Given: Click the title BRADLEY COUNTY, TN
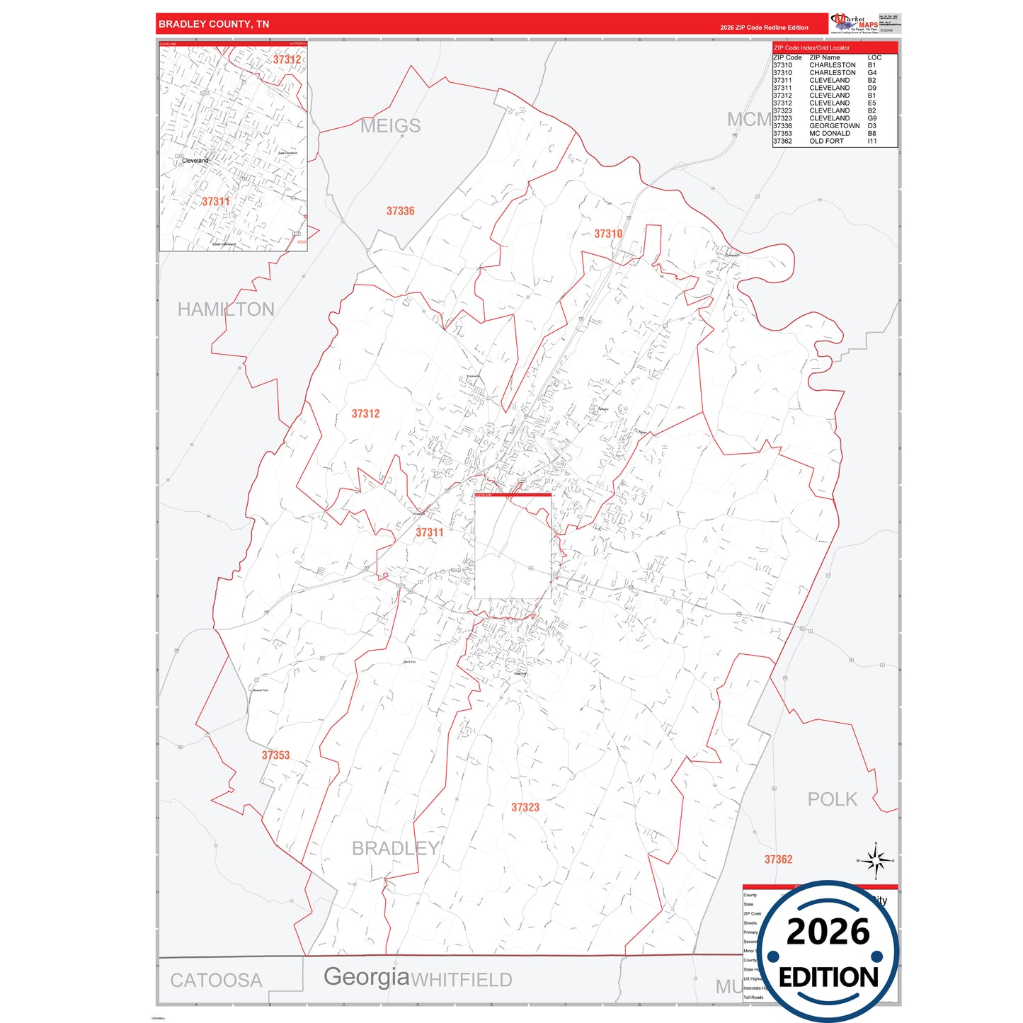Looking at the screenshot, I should tap(214, 24).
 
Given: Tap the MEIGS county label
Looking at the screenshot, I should tap(390, 126).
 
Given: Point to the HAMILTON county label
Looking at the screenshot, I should tap(226, 309).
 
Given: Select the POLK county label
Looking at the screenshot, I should tap(832, 799).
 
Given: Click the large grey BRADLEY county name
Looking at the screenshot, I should tap(396, 848).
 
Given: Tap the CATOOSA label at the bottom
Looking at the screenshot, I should tap(216, 981).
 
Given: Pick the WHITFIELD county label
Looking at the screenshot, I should tap(462, 981).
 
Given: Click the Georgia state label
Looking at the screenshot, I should tap(367, 977).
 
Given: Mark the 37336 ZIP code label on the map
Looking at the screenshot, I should tap(400, 211).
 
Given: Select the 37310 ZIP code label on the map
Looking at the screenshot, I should tap(608, 234).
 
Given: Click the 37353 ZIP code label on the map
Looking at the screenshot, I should tap(275, 755).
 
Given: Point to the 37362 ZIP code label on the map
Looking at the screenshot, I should tap(778, 859).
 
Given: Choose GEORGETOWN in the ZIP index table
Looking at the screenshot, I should tap(834, 126).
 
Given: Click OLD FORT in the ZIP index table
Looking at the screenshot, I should tap(826, 141).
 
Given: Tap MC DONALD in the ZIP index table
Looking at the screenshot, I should tap(830, 133).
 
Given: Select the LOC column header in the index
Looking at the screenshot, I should tap(874, 57).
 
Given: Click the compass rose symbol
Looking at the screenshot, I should tap(876, 861).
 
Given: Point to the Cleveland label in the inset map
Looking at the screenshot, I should tap(195, 161).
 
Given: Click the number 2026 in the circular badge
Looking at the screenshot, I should tap(828, 932).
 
